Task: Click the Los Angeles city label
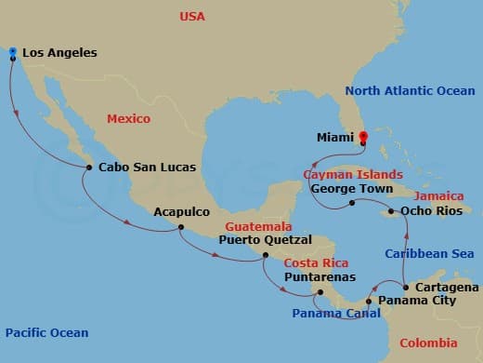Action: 59,53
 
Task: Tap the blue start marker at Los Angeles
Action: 12,52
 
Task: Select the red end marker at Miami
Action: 363,137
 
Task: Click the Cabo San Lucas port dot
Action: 88,168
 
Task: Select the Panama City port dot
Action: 369,302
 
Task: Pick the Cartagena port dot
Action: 406,286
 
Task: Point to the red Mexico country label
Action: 128,119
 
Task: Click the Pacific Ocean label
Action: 46,332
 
